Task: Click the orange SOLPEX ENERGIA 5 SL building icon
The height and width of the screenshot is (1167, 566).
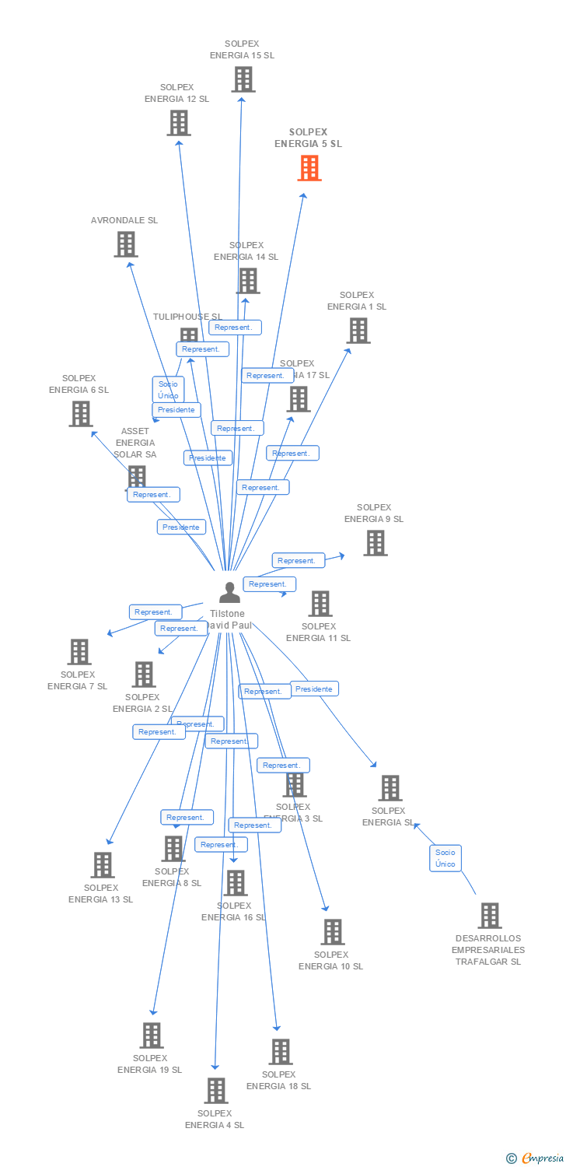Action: tap(309, 167)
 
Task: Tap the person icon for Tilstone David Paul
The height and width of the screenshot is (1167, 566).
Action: tap(229, 593)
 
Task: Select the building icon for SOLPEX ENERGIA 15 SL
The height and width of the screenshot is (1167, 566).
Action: tap(243, 79)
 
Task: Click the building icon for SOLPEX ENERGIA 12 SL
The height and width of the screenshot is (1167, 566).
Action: tap(179, 123)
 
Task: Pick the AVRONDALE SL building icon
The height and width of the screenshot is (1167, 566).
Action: tap(126, 244)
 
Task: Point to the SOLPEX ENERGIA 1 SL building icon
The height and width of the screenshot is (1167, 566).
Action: tap(358, 331)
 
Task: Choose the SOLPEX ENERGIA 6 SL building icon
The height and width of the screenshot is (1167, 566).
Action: tap(80, 414)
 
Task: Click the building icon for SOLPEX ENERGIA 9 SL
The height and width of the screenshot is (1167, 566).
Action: tap(375, 543)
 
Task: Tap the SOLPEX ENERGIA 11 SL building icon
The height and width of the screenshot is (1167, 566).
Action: tap(320, 604)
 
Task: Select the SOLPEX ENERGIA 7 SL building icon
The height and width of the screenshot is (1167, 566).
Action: tap(79, 652)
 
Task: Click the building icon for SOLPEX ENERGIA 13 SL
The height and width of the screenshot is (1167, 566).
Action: tap(102, 865)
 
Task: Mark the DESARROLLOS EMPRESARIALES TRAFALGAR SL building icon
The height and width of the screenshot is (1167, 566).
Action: tap(489, 916)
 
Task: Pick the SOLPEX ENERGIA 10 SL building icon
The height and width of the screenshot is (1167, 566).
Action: tap(332, 932)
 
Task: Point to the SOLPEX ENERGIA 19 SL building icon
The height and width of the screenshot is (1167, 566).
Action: tap(151, 1036)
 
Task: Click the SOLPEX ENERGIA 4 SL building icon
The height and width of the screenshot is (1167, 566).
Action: tap(215, 1091)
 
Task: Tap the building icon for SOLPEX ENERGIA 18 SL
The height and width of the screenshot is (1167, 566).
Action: tap(280, 1052)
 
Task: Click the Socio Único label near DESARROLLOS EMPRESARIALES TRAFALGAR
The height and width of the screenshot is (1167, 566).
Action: tap(445, 858)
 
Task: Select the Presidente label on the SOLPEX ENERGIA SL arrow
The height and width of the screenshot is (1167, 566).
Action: tap(314, 689)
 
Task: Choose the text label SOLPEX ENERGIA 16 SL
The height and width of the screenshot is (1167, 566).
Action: tap(233, 912)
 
